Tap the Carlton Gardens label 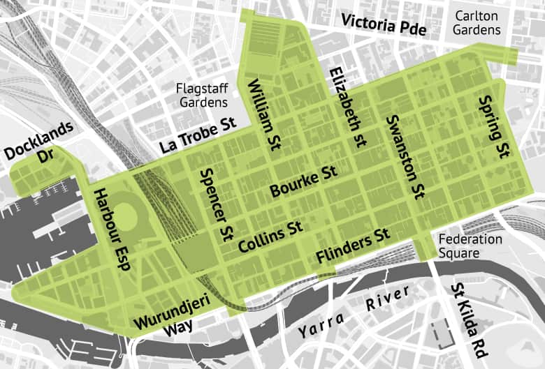pos(477,22)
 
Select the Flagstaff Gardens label pos(203,96)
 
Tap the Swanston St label pos(405,155)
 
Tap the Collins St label pos(270,236)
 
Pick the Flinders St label pos(353,246)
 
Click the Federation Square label pos(470,246)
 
